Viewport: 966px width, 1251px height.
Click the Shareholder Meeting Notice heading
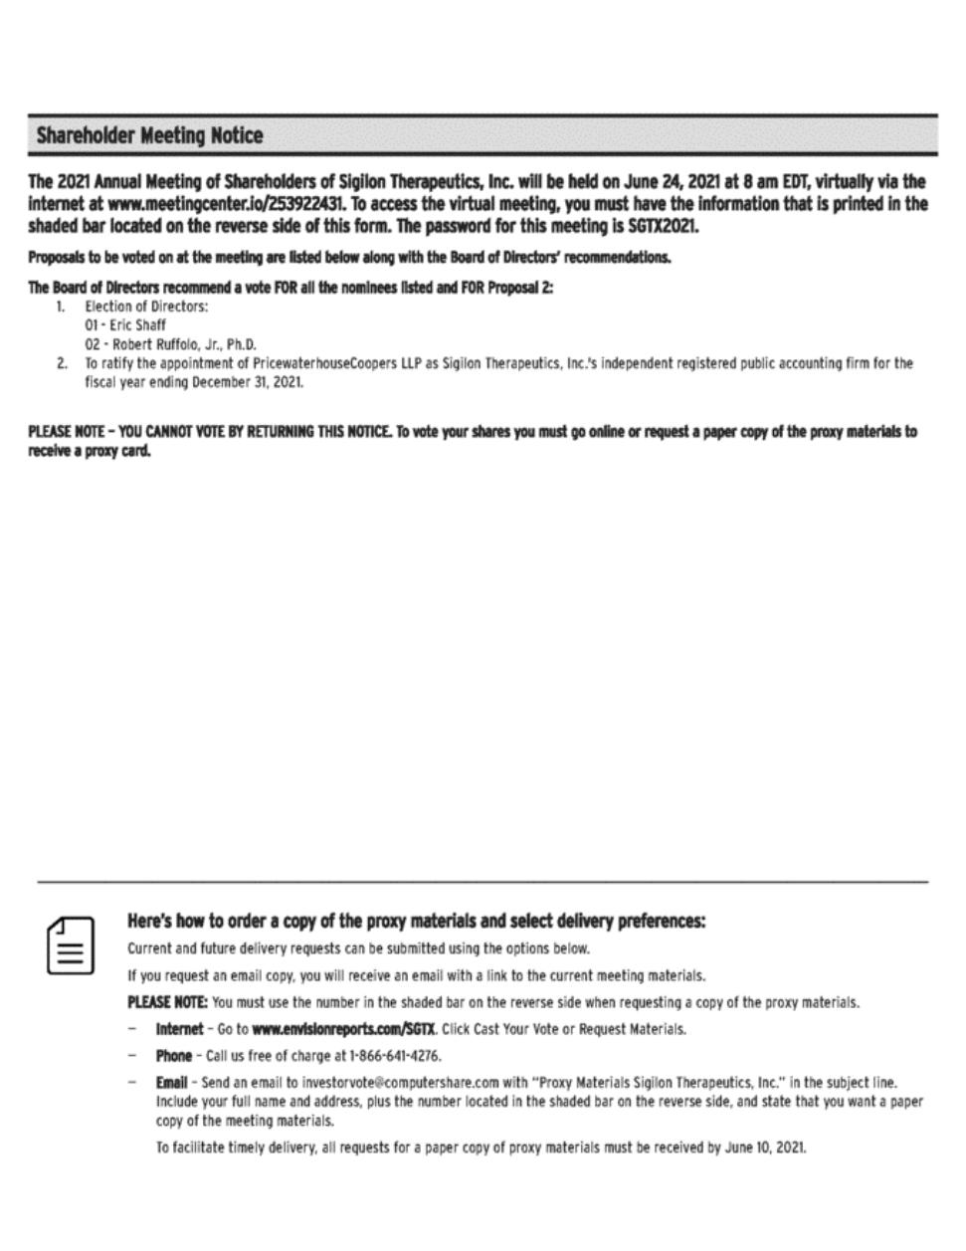click(x=149, y=136)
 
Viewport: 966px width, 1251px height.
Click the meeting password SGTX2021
click(x=664, y=226)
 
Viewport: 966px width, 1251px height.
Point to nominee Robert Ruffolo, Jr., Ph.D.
click(x=170, y=344)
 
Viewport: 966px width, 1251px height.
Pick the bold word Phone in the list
click(x=173, y=1055)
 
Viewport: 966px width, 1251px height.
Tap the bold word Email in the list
click(x=171, y=1082)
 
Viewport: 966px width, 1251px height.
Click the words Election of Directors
click(x=146, y=307)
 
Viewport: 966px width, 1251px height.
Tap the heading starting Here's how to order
click(x=416, y=921)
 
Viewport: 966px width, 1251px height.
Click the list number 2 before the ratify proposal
click(x=63, y=363)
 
